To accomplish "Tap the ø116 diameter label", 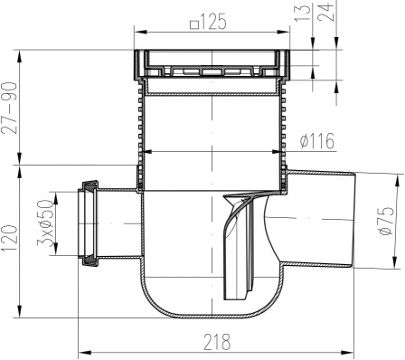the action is point(317,141).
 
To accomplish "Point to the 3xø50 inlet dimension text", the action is point(45,223).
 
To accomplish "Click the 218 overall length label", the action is point(217,342).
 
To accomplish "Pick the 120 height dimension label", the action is point(9,239).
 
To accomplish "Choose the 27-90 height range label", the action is point(9,109).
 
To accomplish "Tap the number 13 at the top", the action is point(303,13).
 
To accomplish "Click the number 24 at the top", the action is point(327,12).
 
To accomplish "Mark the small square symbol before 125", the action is point(194,24).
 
